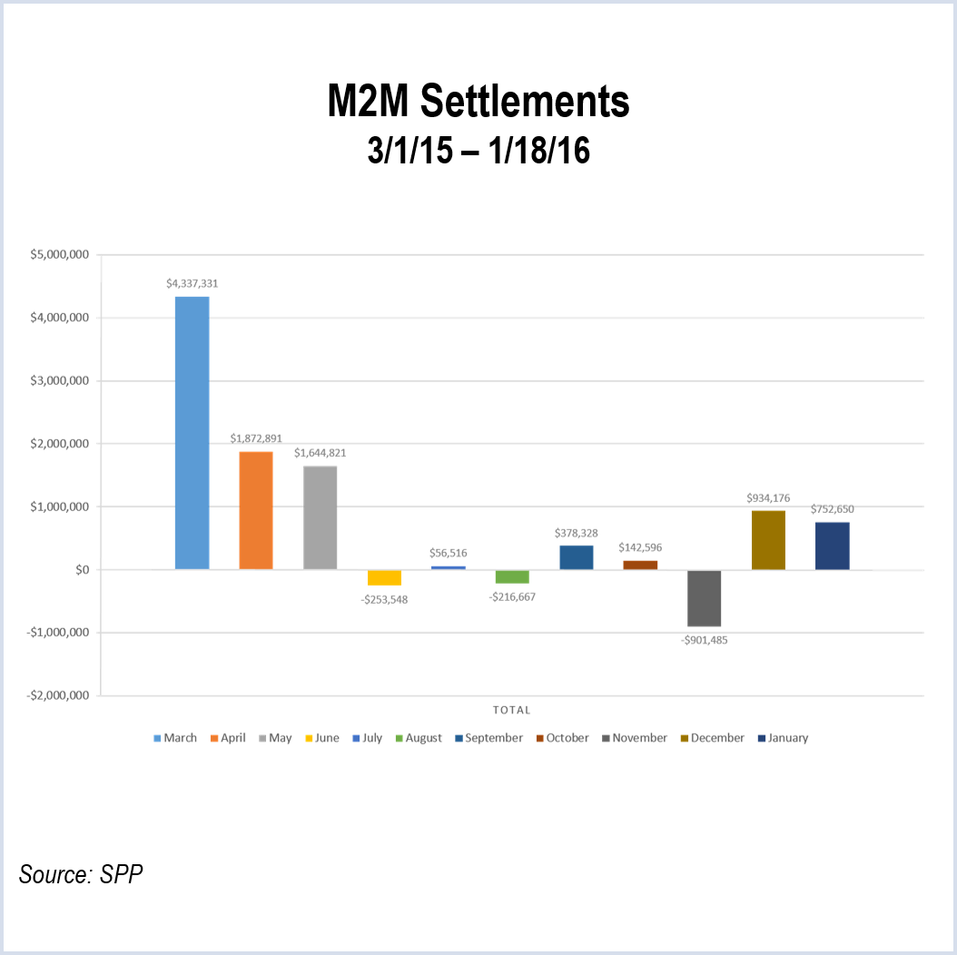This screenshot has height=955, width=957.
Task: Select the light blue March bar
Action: (192, 433)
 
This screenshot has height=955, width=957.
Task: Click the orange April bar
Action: (256, 510)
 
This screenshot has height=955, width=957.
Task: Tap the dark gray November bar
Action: (704, 598)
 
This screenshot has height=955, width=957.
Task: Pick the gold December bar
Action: (768, 540)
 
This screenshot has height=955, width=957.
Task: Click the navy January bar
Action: (832, 546)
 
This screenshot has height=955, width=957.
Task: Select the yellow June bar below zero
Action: (384, 577)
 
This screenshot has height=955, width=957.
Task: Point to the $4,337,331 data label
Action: (192, 283)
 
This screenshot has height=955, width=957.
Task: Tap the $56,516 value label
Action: (448, 553)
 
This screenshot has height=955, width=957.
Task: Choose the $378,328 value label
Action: (576, 532)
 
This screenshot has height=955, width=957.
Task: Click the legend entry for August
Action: (418, 738)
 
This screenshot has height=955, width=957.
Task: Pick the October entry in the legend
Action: (562, 738)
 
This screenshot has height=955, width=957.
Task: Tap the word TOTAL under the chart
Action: (511, 710)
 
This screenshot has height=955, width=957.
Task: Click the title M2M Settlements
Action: (478, 103)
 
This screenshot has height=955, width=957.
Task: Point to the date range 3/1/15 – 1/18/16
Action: (478, 151)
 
